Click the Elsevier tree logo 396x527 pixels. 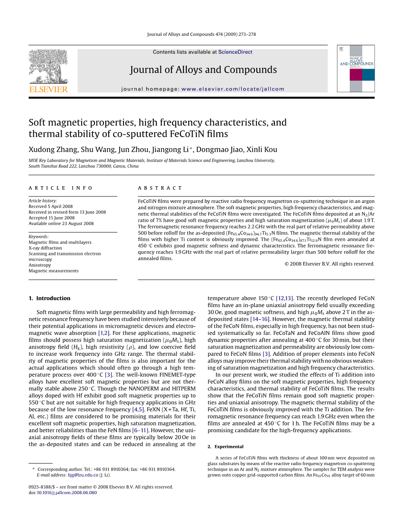[x=47, y=66]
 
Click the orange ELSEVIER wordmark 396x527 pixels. [x=48, y=89]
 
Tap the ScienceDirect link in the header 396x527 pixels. [x=235, y=52]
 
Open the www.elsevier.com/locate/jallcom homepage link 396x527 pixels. [x=233, y=89]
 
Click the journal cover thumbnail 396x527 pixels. [x=355, y=68]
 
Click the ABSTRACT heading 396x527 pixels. [x=160, y=188]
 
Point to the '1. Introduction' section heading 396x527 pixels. [x=49, y=298]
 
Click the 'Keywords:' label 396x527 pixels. [x=38, y=237]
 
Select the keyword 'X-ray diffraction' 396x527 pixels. [x=45, y=248]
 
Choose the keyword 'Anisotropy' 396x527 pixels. [x=40, y=265]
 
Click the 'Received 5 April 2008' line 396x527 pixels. [x=50, y=206]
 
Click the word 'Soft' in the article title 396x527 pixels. [x=37, y=123]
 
